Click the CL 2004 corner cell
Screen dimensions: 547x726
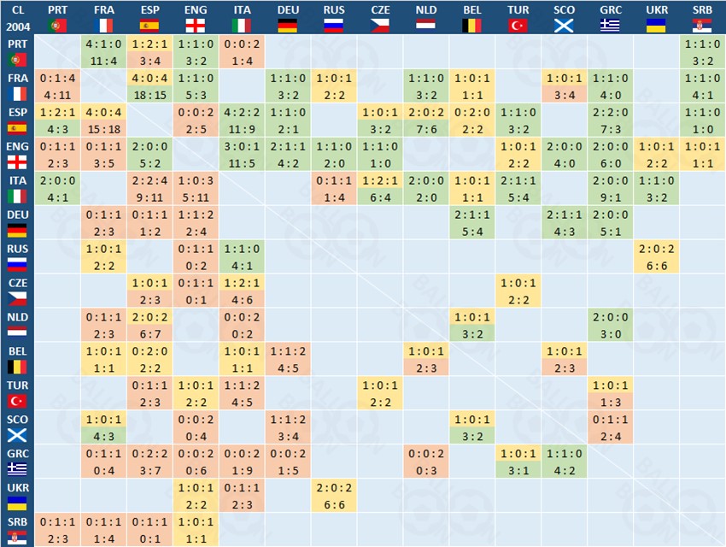coord(17,18)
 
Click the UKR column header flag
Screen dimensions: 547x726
coord(657,26)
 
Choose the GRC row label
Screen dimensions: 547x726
coord(17,461)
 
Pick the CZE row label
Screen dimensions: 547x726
coord(17,290)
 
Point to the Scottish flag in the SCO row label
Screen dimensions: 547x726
coord(17,434)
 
